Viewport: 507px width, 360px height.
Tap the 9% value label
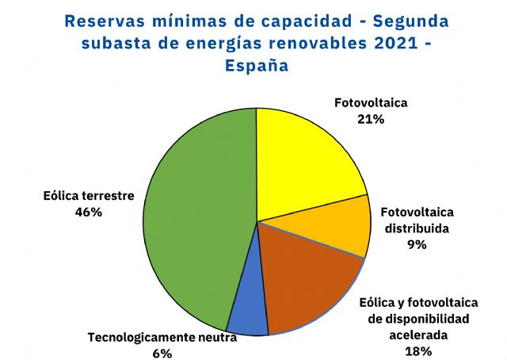click(x=417, y=245)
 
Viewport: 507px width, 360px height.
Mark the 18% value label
click(x=417, y=350)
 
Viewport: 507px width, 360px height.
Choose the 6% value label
click(x=162, y=354)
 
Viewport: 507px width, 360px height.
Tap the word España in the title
click(x=255, y=67)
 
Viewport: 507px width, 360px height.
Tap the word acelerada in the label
click(x=417, y=335)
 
